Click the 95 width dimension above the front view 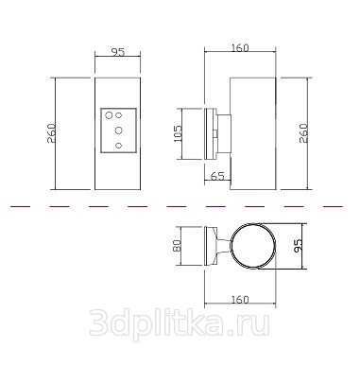(118, 51)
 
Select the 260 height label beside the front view (51, 133)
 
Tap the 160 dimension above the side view (240, 48)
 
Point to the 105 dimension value (178, 133)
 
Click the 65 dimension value (217, 176)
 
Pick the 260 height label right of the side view (303, 133)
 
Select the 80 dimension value (177, 246)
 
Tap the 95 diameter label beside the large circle (298, 246)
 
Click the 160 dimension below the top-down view (240, 300)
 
